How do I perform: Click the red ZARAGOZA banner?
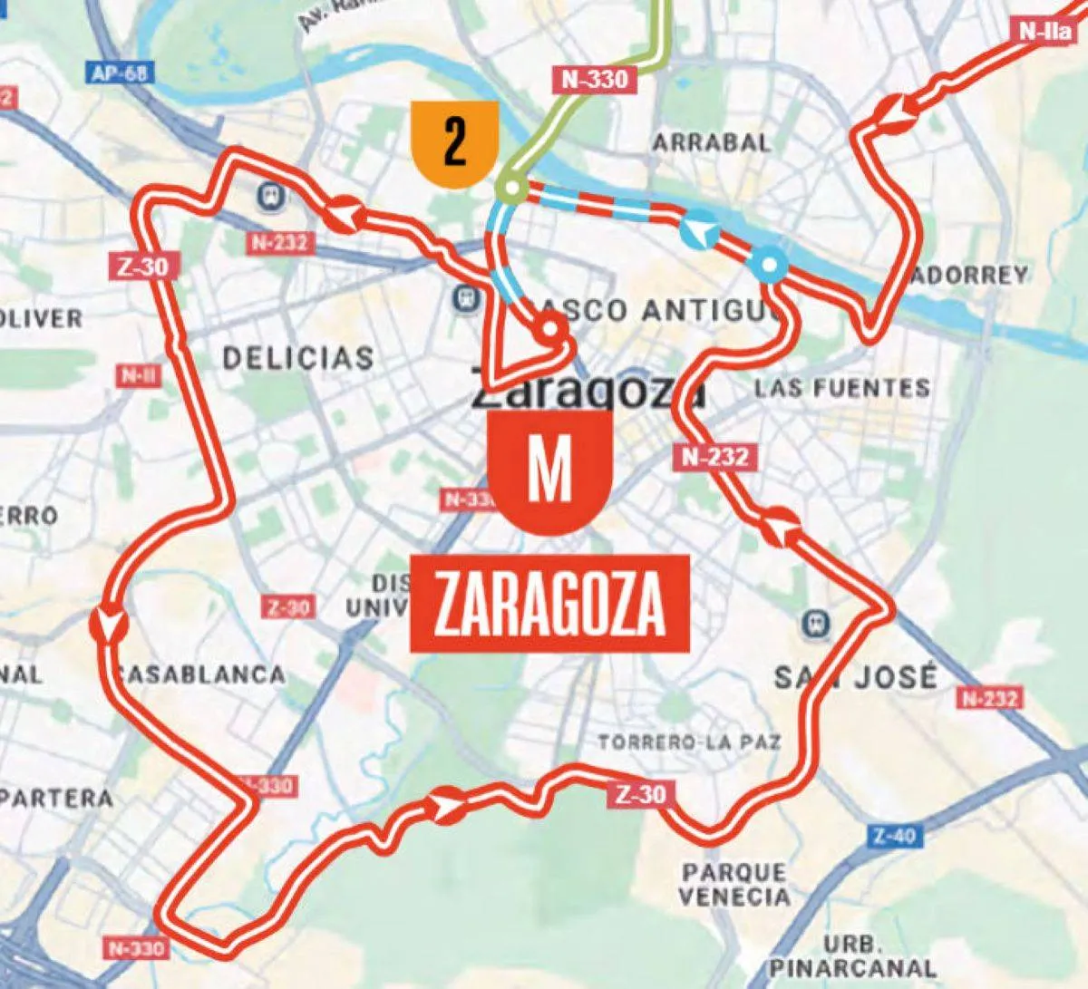click(550, 604)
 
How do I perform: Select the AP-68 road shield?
click(119, 73)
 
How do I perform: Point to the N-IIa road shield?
click(1046, 31)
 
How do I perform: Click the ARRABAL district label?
click(712, 142)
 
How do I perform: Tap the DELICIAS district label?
click(297, 357)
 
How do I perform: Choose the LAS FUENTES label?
click(842, 389)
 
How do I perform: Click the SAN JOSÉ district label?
click(854, 676)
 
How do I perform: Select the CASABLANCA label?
click(201, 674)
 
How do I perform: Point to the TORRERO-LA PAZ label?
click(689, 742)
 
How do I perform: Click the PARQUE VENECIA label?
click(735, 885)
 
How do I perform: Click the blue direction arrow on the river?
click(699, 232)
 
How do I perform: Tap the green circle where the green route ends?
click(512, 189)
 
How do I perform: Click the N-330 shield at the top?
click(594, 79)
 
